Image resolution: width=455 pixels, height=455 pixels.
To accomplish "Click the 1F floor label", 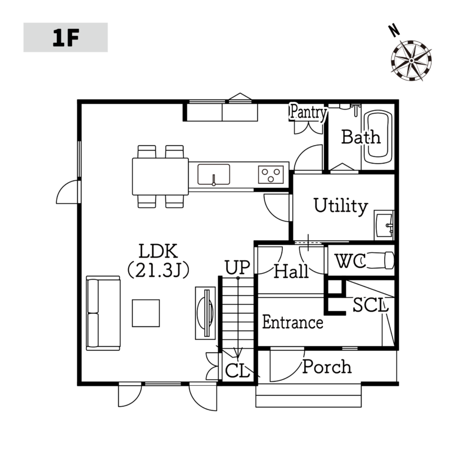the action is tap(66, 38).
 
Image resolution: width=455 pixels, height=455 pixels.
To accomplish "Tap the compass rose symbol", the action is tap(411, 60).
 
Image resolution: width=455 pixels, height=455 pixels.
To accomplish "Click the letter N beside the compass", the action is tap(394, 31).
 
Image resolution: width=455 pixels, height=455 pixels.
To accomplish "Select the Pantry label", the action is tap(308, 112).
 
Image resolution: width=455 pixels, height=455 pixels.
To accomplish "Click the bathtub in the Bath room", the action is tap(377, 137).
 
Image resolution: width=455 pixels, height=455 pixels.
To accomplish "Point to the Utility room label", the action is tap(341, 206).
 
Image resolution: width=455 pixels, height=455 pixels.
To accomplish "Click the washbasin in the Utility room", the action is tap(384, 226).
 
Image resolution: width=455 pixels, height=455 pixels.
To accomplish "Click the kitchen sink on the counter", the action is tap(214, 174).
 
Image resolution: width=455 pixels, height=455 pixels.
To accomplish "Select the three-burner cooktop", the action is tap(271, 175).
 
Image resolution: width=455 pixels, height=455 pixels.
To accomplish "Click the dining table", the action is tap(160, 177).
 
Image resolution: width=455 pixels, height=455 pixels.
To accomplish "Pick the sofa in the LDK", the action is tap(103, 313).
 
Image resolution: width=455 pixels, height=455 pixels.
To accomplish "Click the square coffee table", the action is tap(146, 313).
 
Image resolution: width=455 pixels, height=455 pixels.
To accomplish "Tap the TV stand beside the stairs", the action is tap(205, 313).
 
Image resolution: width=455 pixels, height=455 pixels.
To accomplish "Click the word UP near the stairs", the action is tap(237, 268).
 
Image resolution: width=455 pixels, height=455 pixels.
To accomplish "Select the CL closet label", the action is tap(237, 371).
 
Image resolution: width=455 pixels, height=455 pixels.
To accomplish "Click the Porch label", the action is tap(327, 367).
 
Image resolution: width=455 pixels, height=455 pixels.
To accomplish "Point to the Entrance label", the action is tap(292, 322).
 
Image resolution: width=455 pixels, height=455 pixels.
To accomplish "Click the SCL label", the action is tap(370, 305).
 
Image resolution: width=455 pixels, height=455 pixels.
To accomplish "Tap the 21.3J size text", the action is tap(159, 270).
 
